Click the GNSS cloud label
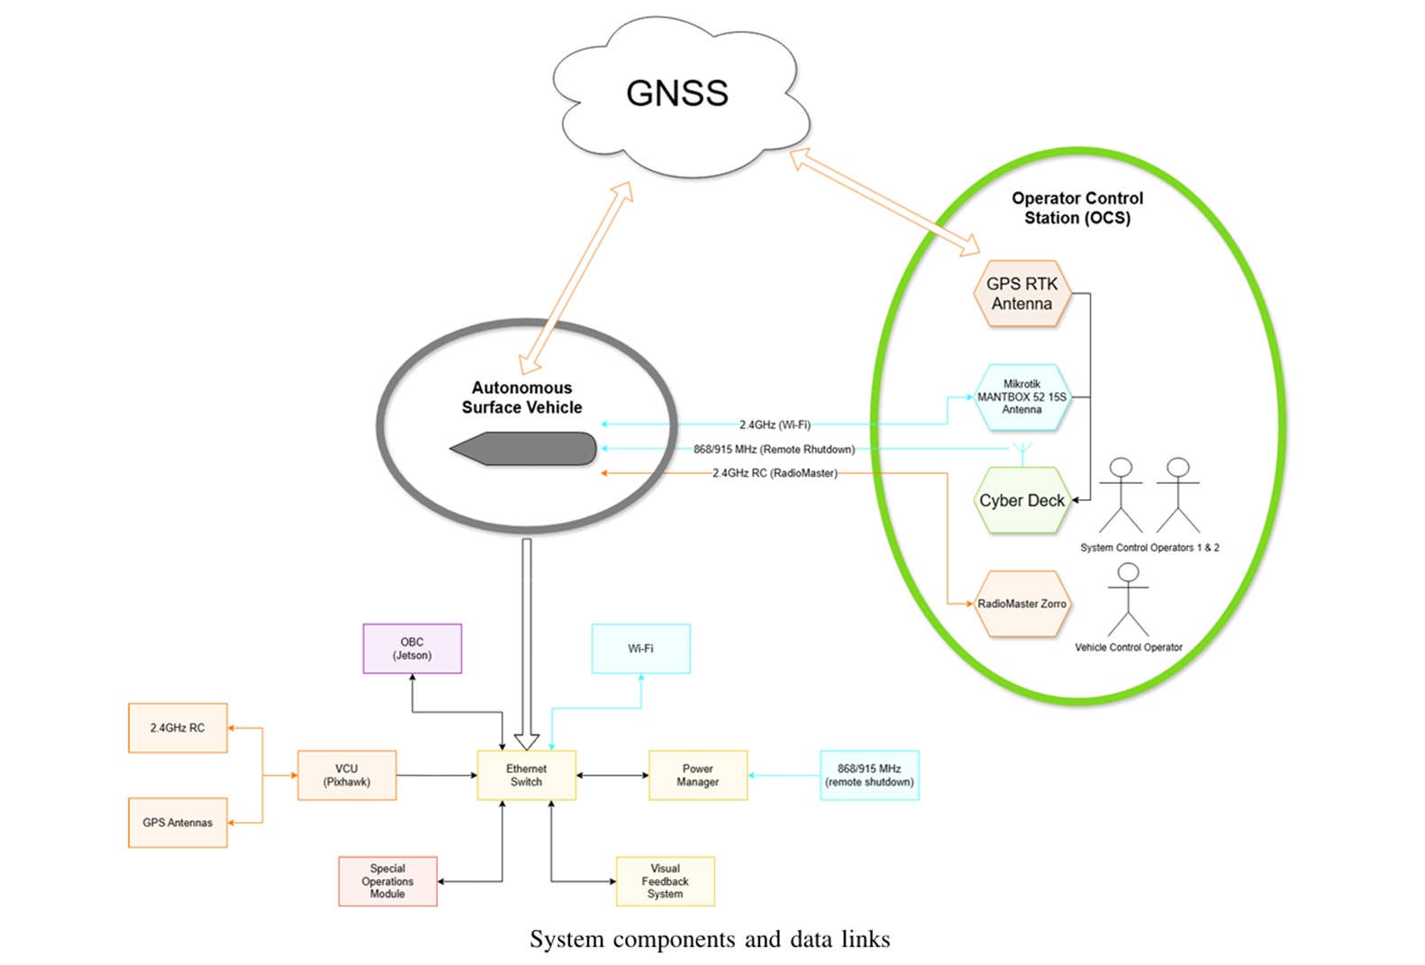coord(676,94)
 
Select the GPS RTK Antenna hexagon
coord(1021,294)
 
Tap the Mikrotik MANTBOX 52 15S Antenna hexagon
coord(1021,396)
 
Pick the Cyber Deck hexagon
coord(1021,500)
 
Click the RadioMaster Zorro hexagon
coord(1021,604)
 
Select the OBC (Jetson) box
coord(412,649)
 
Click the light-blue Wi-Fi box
coord(640,649)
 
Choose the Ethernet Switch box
coord(526,775)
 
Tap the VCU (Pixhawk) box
coord(347,775)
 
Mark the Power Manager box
coord(697,775)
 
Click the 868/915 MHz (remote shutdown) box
coord(869,775)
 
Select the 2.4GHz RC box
coord(177,728)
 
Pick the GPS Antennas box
coord(177,823)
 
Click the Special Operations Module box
coord(387,881)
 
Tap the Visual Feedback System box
coord(665,881)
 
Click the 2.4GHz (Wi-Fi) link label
coord(775,424)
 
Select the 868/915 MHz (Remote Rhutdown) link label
coord(774,449)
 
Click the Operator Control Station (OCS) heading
coord(1077,208)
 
